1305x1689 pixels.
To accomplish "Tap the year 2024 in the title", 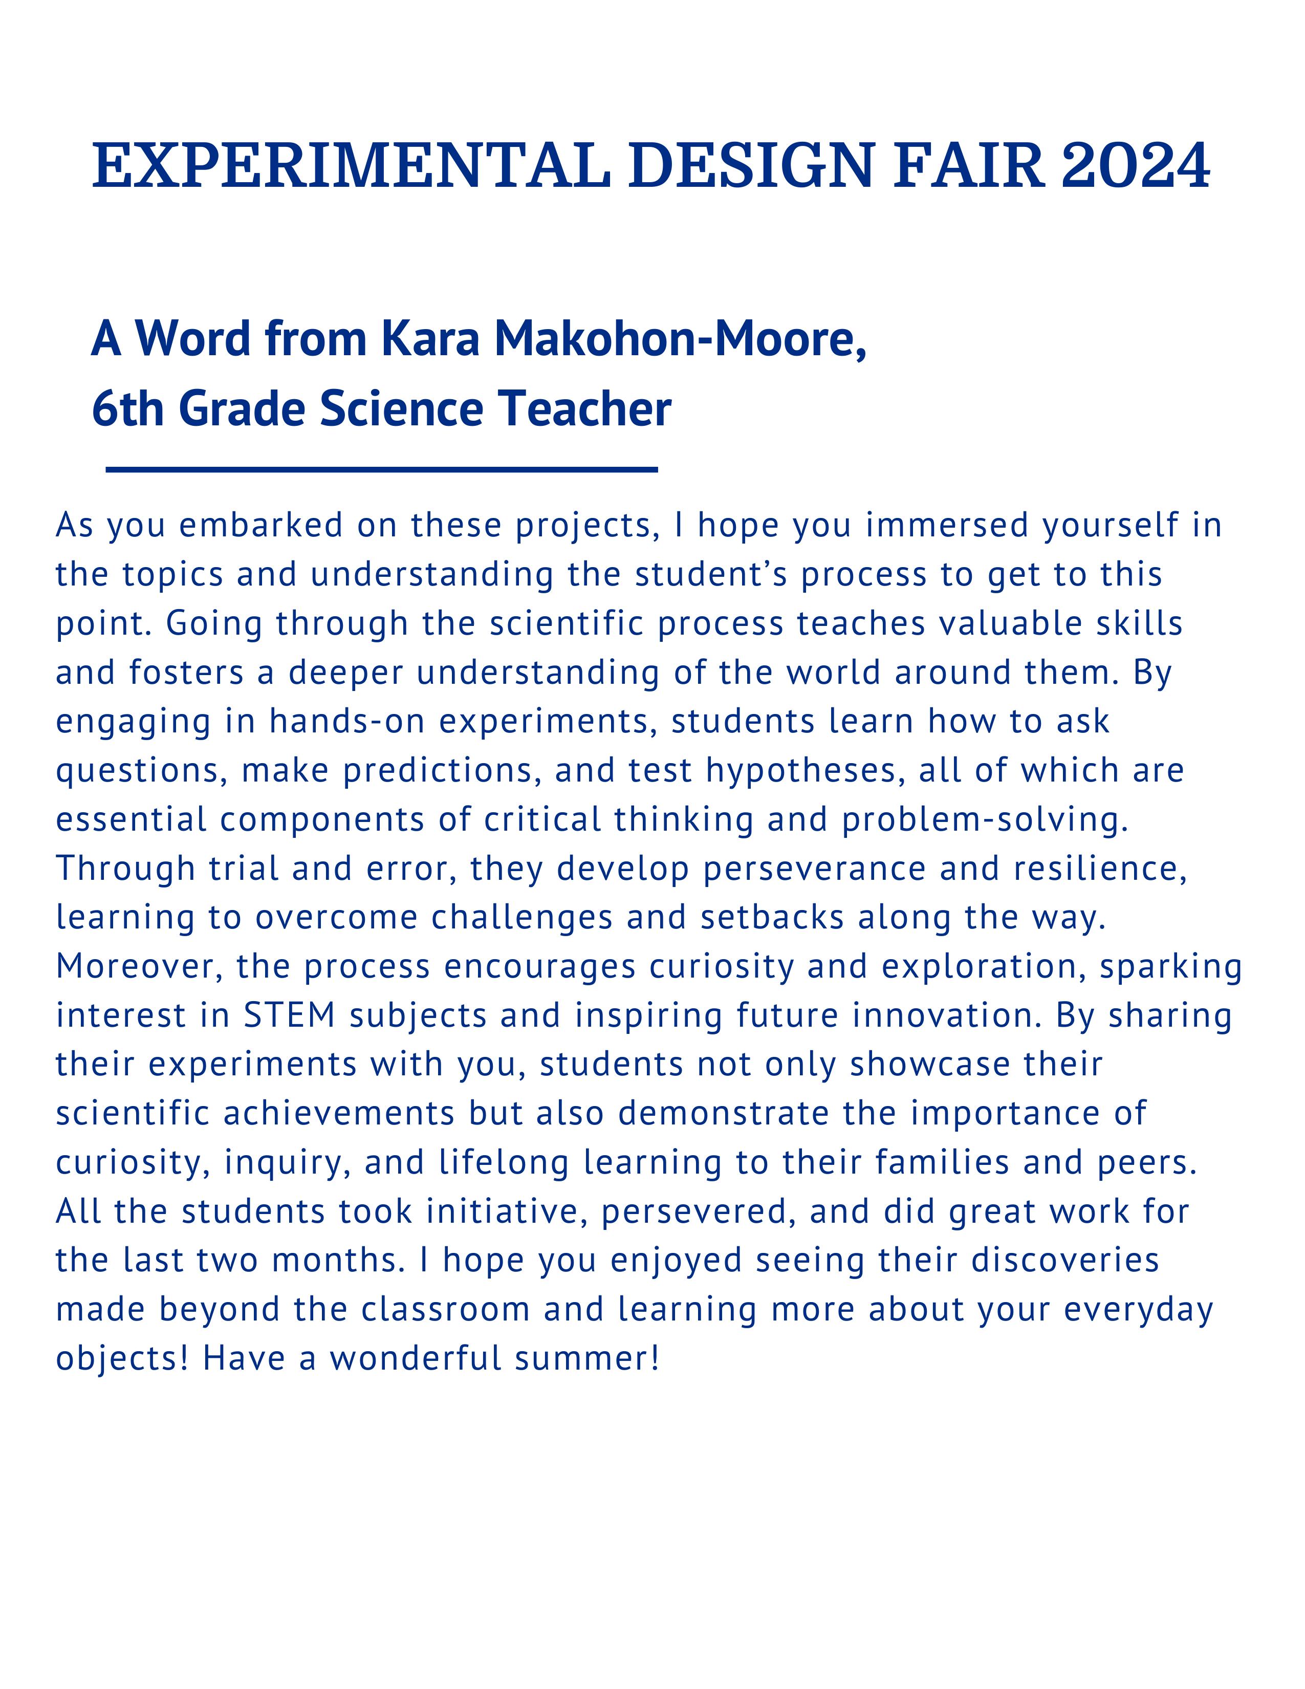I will (x=1136, y=165).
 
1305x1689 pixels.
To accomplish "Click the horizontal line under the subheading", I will (x=381, y=469).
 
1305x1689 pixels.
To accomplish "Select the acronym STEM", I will (x=289, y=1015).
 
